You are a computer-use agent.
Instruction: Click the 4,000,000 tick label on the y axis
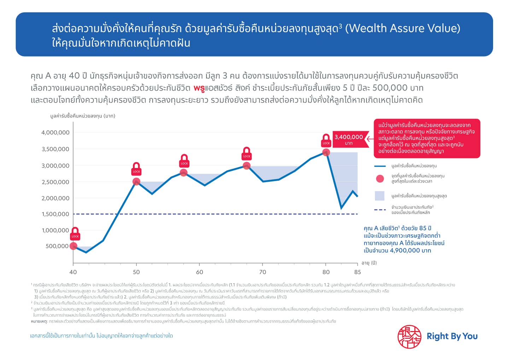point(55,133)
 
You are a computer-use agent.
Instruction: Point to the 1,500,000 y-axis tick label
point(55,214)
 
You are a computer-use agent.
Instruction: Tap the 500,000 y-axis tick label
point(57,246)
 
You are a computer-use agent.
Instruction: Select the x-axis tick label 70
point(263,272)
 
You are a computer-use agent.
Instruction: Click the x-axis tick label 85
point(358,272)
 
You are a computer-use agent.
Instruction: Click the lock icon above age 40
point(75,234)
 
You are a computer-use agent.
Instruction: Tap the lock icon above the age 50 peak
point(136,169)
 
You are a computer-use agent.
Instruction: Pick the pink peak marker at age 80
point(326,152)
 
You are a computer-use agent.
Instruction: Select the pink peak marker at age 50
point(136,182)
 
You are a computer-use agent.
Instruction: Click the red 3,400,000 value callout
point(349,139)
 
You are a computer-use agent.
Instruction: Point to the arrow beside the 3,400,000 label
point(369,139)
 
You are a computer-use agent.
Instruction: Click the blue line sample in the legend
point(380,166)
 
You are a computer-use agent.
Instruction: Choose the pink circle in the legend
point(380,179)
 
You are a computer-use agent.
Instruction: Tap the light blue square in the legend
point(380,196)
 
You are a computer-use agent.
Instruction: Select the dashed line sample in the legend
point(380,210)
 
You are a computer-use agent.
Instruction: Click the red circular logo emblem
point(409,337)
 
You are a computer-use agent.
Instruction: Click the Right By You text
point(452,336)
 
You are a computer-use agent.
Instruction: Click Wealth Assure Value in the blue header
point(403,28)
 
